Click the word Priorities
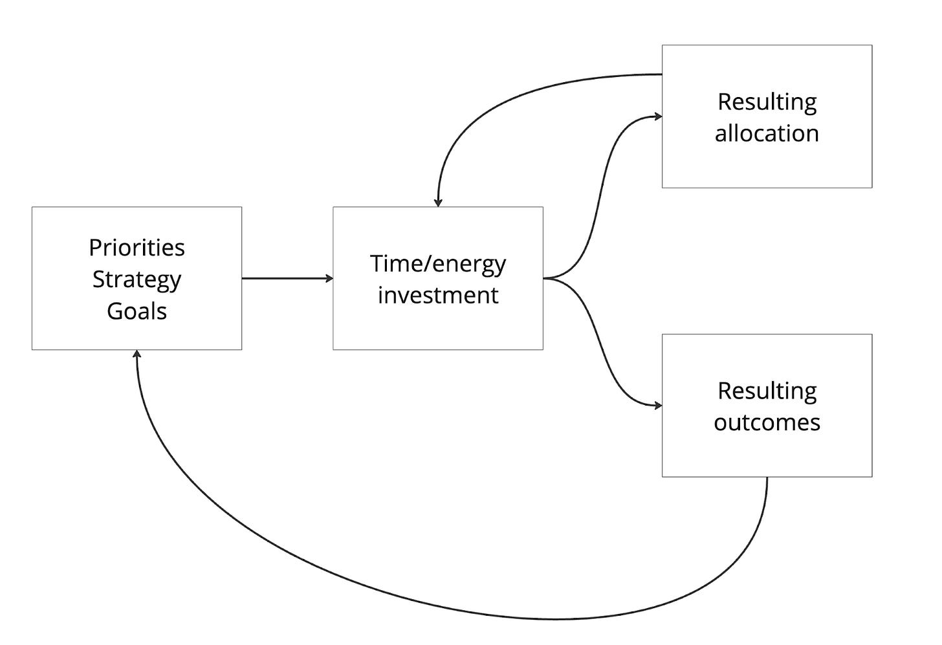(137, 247)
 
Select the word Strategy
(137, 280)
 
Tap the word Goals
(137, 311)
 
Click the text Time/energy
(438, 265)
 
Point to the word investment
(438, 295)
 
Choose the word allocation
(767, 133)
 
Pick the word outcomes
(767, 422)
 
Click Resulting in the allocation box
(767, 103)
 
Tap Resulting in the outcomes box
(767, 391)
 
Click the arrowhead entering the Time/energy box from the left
(329, 278)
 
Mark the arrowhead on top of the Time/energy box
(438, 202)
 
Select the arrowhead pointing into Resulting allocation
(658, 116)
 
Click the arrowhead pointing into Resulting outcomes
(658, 406)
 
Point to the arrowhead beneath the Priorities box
(137, 354)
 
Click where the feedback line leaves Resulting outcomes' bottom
(767, 477)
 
